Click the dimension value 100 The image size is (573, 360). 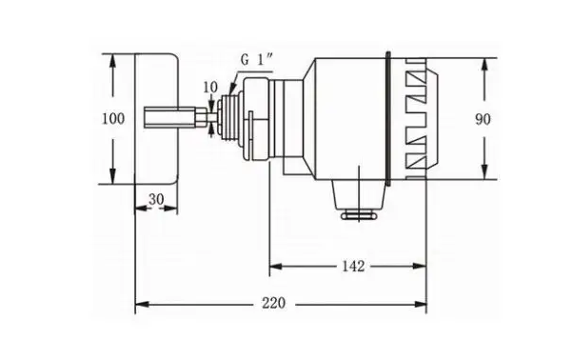[113, 119]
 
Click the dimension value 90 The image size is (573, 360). [483, 119]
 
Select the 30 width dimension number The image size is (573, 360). [156, 199]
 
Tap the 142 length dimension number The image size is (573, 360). [353, 266]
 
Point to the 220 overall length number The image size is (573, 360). [273, 303]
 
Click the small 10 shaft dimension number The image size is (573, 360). [210, 87]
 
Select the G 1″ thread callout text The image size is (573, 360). [256, 59]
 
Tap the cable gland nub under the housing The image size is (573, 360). [359, 215]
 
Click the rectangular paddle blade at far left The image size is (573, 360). [157, 118]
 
